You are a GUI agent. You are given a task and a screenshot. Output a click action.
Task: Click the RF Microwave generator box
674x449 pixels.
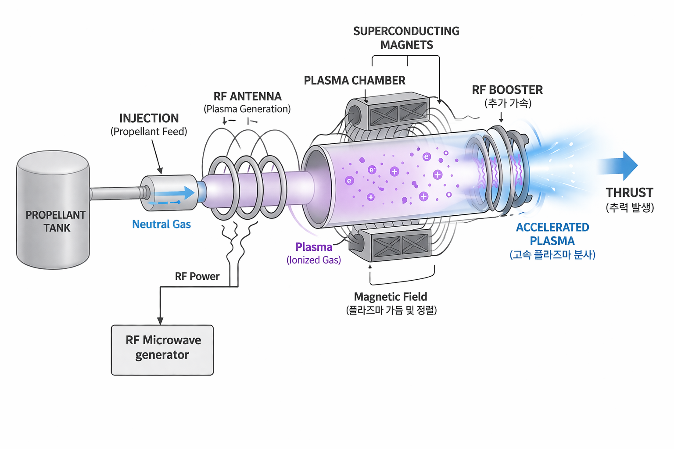pyautogui.click(x=162, y=349)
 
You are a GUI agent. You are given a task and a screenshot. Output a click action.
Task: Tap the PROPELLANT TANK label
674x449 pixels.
pyautogui.click(x=56, y=221)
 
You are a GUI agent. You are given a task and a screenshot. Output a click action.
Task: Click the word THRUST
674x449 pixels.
pyautogui.click(x=629, y=193)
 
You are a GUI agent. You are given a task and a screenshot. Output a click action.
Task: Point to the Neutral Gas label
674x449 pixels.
pyautogui.click(x=161, y=224)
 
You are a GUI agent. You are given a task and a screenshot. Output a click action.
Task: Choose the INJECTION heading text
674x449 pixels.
pyautogui.click(x=149, y=118)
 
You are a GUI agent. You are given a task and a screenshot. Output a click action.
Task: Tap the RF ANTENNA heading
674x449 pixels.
pyautogui.click(x=247, y=96)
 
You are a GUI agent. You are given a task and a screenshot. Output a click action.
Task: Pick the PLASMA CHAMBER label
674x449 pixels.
pyautogui.click(x=355, y=81)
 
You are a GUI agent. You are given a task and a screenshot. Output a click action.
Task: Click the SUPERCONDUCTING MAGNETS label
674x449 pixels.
pyautogui.click(x=406, y=38)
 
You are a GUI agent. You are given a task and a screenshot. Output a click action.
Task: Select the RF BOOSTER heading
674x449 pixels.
pyautogui.click(x=507, y=90)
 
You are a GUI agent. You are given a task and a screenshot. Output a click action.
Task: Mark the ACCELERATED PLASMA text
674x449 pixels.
pyautogui.click(x=552, y=234)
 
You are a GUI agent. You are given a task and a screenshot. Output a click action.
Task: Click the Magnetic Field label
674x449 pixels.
pyautogui.click(x=391, y=297)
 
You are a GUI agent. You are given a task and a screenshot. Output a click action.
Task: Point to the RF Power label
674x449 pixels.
pyautogui.click(x=197, y=277)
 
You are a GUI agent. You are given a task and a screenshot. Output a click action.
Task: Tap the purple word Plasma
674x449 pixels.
pyautogui.click(x=314, y=247)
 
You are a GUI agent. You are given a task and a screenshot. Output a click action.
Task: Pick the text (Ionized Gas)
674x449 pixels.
pyautogui.click(x=314, y=260)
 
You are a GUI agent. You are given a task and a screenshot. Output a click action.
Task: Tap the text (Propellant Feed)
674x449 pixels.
pyautogui.click(x=149, y=132)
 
